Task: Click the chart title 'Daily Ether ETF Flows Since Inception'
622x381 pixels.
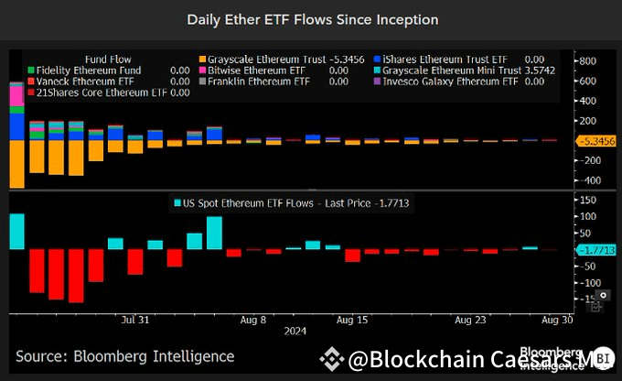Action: coord(312,18)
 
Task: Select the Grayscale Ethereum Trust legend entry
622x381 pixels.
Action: coord(272,58)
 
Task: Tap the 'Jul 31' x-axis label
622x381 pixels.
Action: coord(134,320)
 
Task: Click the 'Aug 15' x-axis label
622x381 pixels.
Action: coord(352,320)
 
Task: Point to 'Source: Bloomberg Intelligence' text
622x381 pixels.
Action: coord(124,356)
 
